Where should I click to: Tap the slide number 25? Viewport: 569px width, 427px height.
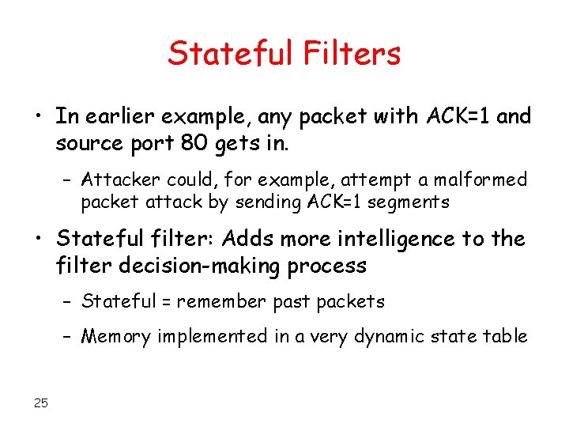point(41,403)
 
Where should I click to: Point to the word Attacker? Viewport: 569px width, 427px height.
point(118,180)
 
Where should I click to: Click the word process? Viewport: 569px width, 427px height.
point(330,266)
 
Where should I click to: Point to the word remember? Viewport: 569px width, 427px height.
point(222,301)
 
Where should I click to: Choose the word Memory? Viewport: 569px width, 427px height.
point(116,336)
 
